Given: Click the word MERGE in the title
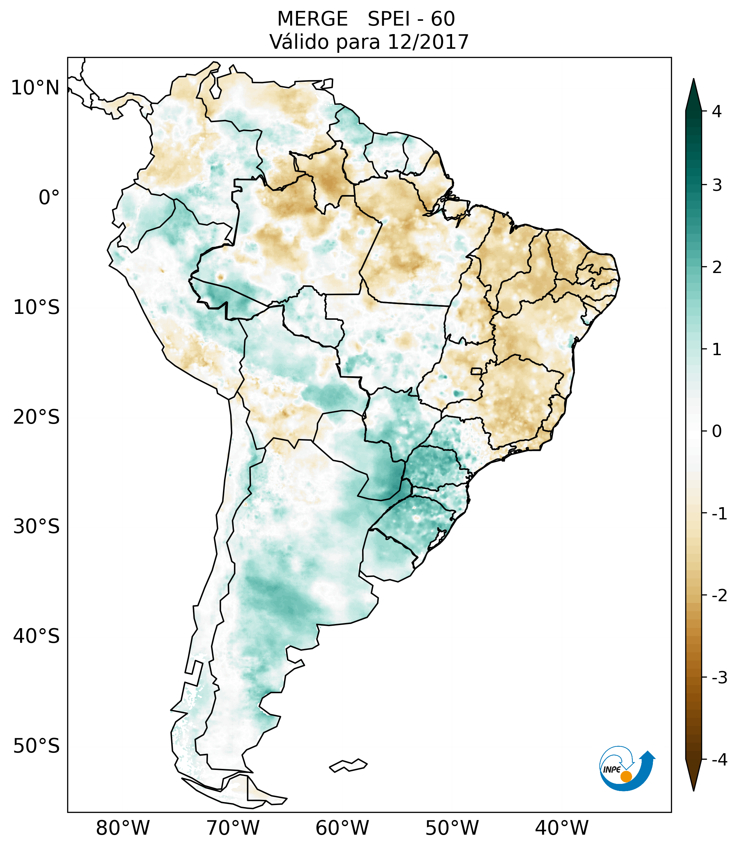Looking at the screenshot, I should (x=312, y=19).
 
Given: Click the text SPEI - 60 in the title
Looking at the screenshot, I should (x=411, y=19).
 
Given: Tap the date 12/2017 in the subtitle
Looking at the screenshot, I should (x=428, y=42).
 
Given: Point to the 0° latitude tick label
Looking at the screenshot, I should (x=49, y=198).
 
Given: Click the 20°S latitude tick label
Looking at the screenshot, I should (x=36, y=417).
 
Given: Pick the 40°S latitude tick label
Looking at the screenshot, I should (x=36, y=636).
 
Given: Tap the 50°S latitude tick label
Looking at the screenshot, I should (x=36, y=746).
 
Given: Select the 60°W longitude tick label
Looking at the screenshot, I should (x=342, y=828).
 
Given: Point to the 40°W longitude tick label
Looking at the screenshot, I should (x=562, y=828).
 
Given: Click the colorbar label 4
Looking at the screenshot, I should (x=717, y=111).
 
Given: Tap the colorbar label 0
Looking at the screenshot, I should (x=717, y=431).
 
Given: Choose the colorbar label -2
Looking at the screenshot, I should (x=719, y=596).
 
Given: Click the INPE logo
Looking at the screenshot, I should (x=627, y=770).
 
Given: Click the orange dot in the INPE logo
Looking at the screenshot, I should (x=626, y=776).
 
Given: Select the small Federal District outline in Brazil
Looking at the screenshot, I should (x=477, y=371).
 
